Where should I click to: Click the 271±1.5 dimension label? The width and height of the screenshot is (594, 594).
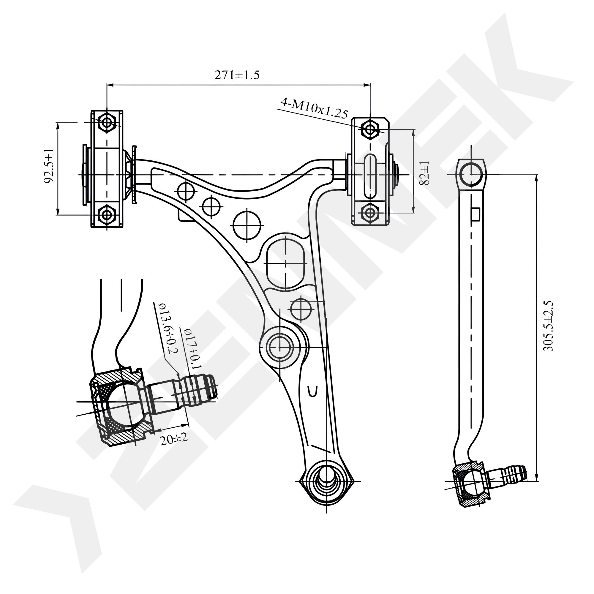tap(237, 75)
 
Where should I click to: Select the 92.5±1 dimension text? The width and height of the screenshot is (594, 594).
tap(49, 166)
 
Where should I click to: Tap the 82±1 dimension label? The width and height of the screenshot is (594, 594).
tap(424, 173)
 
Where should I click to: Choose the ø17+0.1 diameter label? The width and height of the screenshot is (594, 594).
tap(192, 349)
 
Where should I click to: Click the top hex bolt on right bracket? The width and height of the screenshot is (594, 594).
tap(370, 129)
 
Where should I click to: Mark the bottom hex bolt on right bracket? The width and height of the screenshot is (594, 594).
tap(370, 212)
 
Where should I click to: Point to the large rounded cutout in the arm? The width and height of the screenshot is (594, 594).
tap(286, 263)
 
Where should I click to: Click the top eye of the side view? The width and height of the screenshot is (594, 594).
tap(471, 173)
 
